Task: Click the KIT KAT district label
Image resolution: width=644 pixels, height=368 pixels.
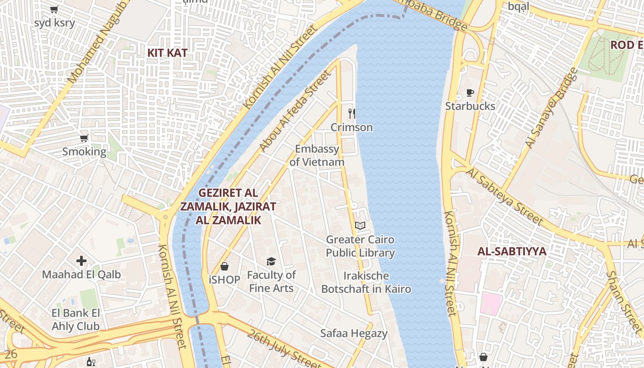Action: (x=167, y=53)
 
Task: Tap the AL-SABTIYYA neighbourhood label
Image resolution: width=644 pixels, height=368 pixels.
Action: (x=512, y=252)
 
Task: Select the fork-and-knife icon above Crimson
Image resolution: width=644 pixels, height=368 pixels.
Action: (x=351, y=113)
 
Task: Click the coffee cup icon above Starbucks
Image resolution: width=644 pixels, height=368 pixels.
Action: (x=470, y=93)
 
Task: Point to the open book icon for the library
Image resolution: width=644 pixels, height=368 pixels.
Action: (x=360, y=225)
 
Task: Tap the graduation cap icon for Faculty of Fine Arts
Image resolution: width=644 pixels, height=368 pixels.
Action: (x=271, y=261)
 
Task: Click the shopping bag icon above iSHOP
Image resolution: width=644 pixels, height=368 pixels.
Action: (x=224, y=266)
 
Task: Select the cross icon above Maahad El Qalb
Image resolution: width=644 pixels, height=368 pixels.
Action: (x=81, y=261)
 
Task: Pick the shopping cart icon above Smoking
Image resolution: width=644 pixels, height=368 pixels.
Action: (x=84, y=138)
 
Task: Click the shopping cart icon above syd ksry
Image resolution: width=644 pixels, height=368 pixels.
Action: (x=54, y=9)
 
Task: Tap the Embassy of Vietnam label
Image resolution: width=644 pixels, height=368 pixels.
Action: (x=317, y=155)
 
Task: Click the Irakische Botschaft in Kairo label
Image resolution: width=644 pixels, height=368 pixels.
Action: (x=366, y=282)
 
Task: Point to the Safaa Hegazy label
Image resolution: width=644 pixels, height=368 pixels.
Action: (x=354, y=333)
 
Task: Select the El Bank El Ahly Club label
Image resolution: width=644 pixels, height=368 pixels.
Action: (x=75, y=320)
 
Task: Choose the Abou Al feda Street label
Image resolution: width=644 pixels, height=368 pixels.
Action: (x=295, y=111)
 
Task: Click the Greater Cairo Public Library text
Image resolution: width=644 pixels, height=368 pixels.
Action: (x=360, y=246)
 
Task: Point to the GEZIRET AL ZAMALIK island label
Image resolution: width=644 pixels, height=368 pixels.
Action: (x=228, y=206)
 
